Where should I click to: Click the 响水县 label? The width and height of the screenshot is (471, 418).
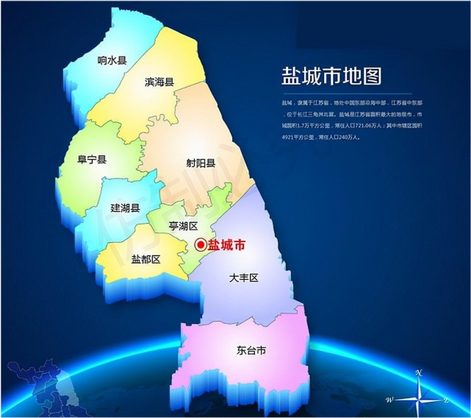(112, 60)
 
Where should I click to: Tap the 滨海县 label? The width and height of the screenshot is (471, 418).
(159, 82)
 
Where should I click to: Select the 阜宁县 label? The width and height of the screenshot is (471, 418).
(92, 160)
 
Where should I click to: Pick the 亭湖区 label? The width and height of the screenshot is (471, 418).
(183, 225)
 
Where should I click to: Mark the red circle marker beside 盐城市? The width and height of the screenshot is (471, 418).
(201, 246)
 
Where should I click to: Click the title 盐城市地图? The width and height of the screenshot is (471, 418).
(332, 77)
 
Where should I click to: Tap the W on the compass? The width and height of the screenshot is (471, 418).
(389, 400)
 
